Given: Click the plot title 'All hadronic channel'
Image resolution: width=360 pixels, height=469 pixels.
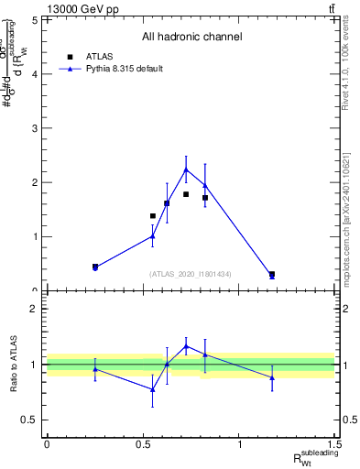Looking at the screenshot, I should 191,37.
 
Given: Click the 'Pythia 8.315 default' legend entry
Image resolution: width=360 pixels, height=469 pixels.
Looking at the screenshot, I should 124,69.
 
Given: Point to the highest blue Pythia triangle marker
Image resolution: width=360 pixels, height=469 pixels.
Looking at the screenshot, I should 186,169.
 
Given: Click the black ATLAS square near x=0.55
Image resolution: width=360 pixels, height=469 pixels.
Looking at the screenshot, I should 153,216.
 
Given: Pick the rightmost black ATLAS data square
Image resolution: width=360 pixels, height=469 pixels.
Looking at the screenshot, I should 272,274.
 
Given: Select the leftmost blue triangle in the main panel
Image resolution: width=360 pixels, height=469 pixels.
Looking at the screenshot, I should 95,267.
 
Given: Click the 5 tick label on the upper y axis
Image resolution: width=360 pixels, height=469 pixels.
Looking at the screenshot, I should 34,19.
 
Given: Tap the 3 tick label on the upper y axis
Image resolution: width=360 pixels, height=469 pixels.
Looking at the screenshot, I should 34,127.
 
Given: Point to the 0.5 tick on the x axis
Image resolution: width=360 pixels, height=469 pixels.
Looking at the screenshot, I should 143,444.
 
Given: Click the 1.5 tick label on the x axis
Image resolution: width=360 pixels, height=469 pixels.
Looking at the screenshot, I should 335,444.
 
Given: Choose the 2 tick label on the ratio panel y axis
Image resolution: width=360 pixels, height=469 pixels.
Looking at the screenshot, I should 34,309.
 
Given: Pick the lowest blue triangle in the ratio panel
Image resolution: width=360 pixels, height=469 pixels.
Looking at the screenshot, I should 153,389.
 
